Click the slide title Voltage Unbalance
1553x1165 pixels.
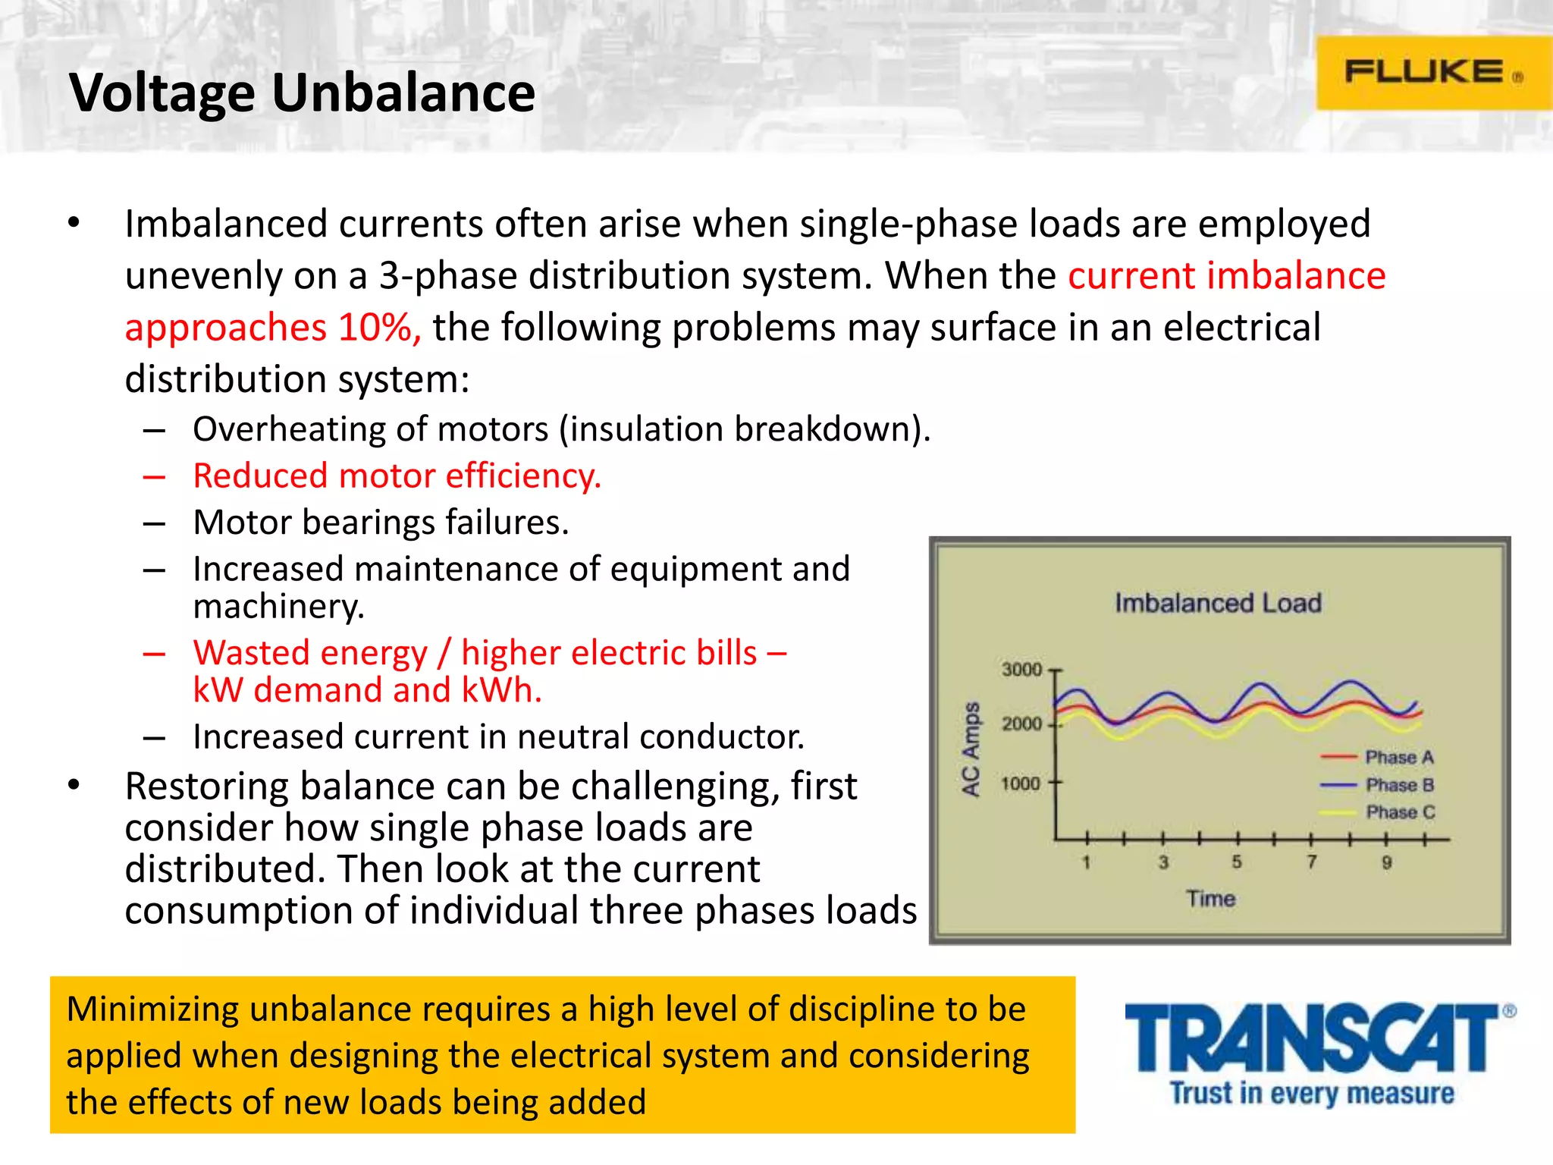pos(302,93)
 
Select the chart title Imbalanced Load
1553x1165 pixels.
pos(1218,603)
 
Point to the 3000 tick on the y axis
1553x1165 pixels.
pos(1021,670)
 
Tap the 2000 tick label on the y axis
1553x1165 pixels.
pos(1021,724)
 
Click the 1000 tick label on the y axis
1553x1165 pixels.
pos(1020,783)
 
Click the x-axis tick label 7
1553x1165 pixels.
pos(1311,862)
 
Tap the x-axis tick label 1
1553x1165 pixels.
pos(1086,862)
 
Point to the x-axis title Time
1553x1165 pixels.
pos(1210,899)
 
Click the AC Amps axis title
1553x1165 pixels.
pos(971,749)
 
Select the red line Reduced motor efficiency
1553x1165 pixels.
pos(397,476)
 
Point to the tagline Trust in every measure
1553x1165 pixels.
pos(1312,1093)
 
